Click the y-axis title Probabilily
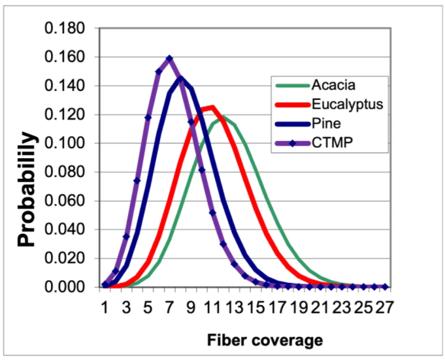point(26,188)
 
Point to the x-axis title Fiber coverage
point(265,340)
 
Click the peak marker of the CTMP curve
point(169,59)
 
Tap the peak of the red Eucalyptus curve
point(212,107)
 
